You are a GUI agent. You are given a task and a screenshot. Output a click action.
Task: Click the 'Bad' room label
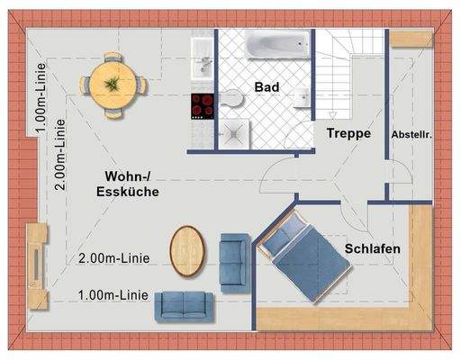click(x=267, y=88)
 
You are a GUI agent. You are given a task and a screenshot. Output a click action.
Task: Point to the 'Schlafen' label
click(x=371, y=247)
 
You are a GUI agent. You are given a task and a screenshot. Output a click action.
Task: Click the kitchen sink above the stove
click(x=203, y=61)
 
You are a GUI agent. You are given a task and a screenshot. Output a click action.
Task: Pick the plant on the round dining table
click(x=113, y=83)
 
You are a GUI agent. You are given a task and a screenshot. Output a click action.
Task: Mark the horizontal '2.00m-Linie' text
click(x=113, y=258)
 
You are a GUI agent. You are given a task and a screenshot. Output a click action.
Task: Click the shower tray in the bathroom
click(x=233, y=133)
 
